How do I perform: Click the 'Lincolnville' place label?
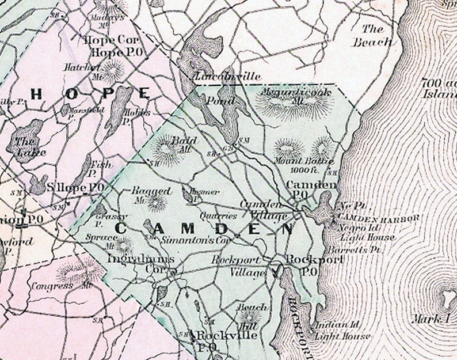tap(228, 76)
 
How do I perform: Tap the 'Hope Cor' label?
tap(108, 40)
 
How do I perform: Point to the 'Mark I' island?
tap(444, 299)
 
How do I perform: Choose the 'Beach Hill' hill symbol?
tap(250, 316)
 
